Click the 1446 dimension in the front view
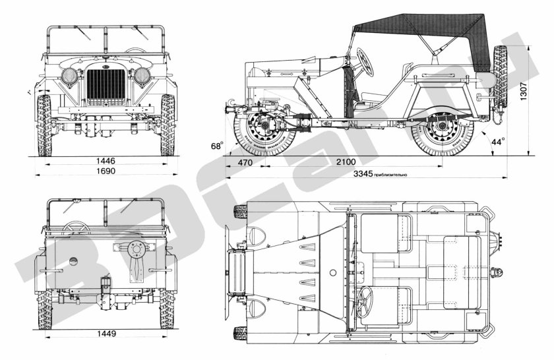click(x=106, y=160)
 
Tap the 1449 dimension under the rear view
click(x=106, y=334)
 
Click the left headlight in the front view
click(x=70, y=76)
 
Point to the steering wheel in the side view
click(x=365, y=62)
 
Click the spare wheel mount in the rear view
click(x=137, y=251)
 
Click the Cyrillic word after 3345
click(x=391, y=175)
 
